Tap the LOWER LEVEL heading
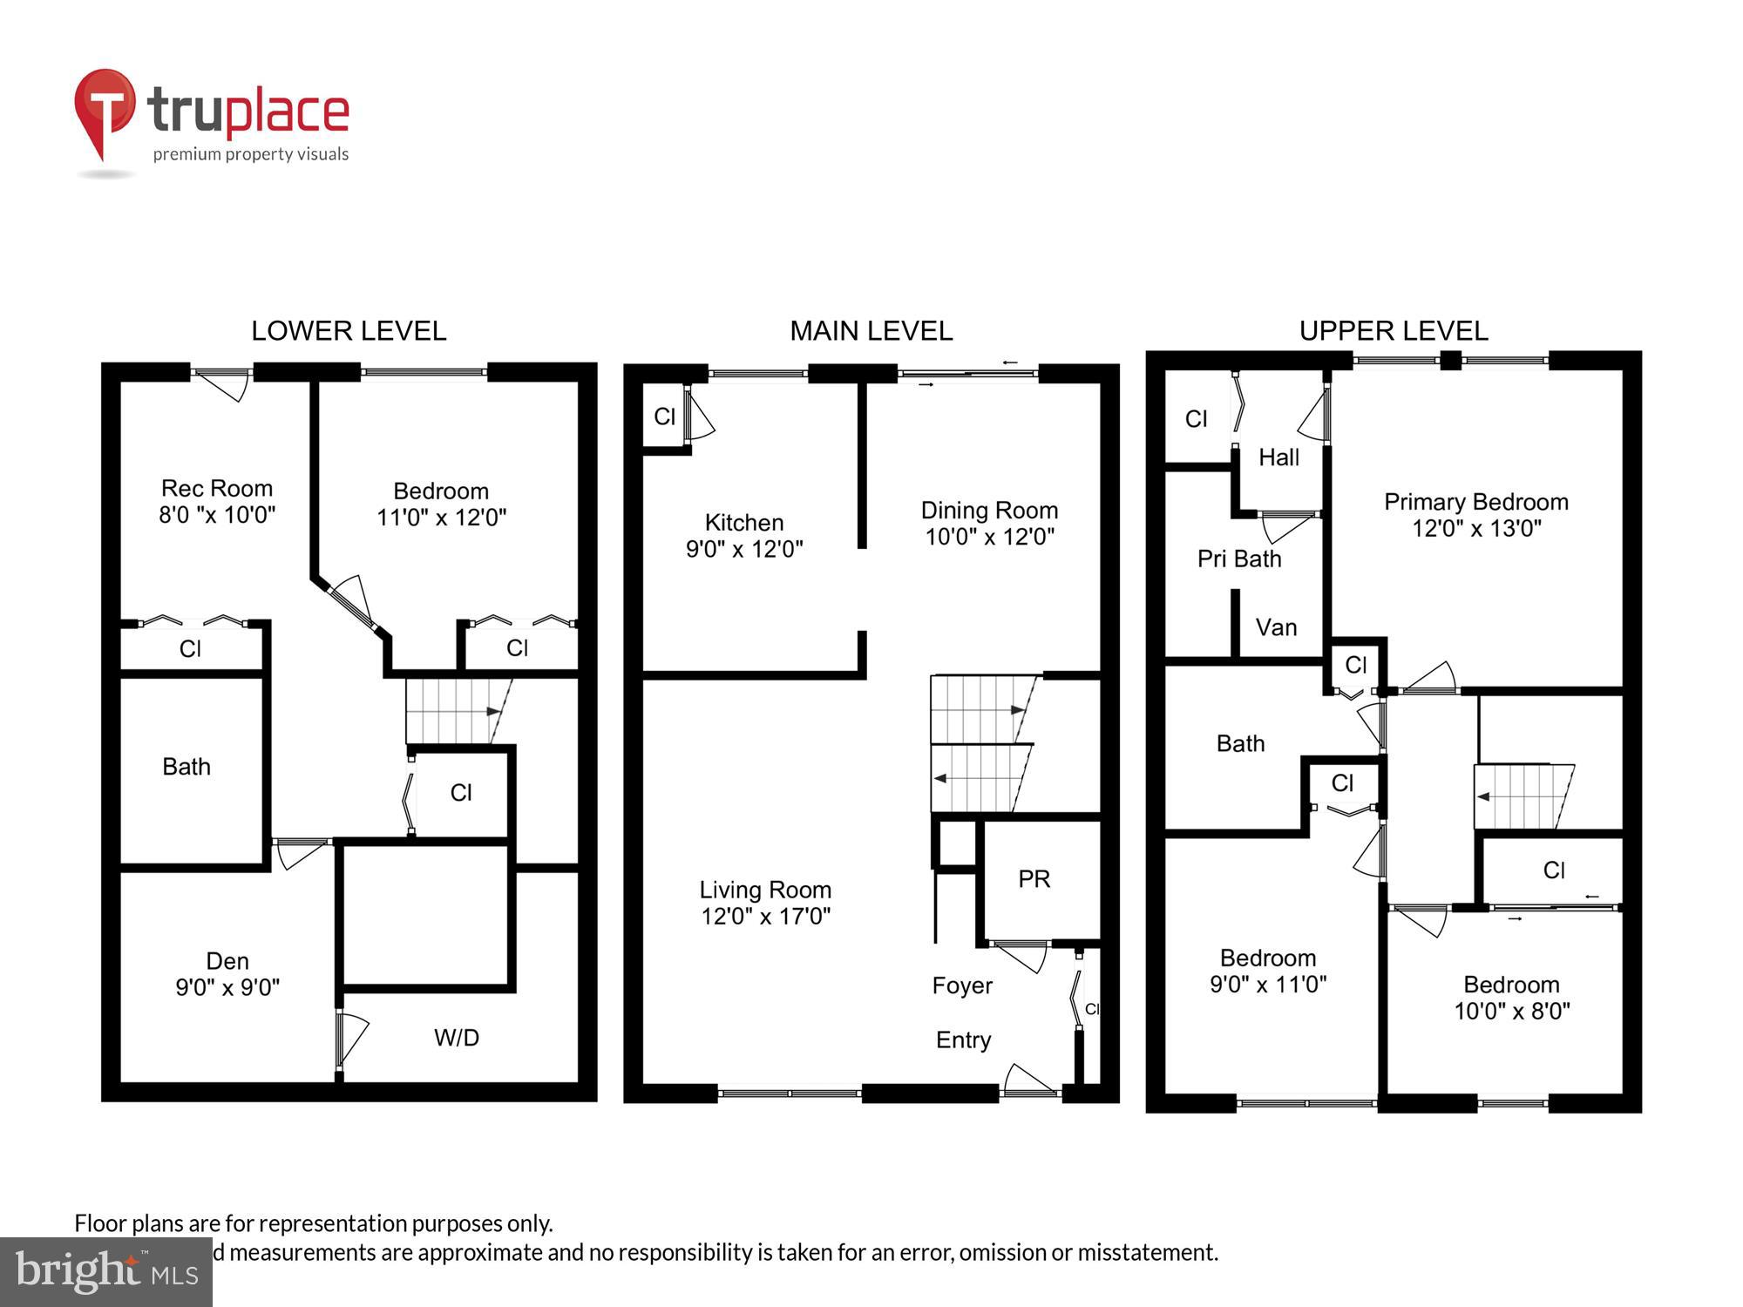[x=349, y=331]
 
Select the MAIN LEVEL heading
[x=871, y=331]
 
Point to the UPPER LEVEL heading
[x=1394, y=331]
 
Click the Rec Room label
[x=217, y=488]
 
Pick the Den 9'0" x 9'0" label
[x=227, y=974]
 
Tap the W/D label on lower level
[x=457, y=1038]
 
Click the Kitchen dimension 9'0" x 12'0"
[x=744, y=549]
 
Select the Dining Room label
[x=989, y=511]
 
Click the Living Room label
[x=765, y=890]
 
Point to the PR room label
[x=1034, y=879]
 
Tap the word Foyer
[x=962, y=985]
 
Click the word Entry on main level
[x=963, y=1040]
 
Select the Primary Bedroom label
[x=1476, y=502]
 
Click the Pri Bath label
[x=1239, y=559]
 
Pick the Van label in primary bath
[x=1276, y=627]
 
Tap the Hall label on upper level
[x=1278, y=457]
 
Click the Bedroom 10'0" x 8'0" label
[x=1512, y=998]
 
